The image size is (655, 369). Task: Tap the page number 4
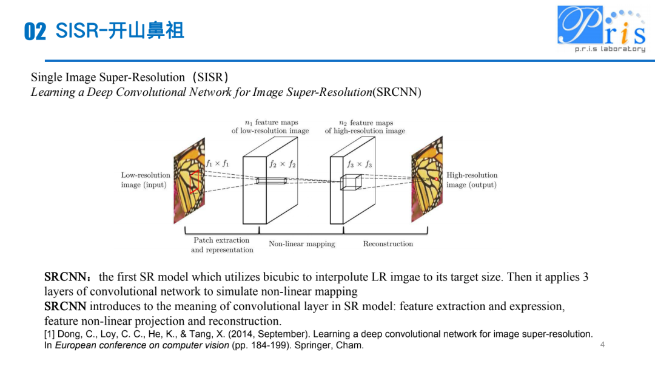click(602, 345)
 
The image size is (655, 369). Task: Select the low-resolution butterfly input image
click(189, 181)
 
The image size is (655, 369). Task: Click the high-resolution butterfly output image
click(427, 180)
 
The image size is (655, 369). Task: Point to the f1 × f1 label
click(218, 163)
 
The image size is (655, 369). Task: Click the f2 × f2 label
click(283, 164)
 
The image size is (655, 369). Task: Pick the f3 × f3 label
click(360, 164)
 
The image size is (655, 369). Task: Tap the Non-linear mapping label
click(301, 244)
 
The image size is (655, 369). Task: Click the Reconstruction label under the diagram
click(388, 244)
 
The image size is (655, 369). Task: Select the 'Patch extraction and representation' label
click(222, 245)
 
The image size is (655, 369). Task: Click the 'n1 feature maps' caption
click(270, 126)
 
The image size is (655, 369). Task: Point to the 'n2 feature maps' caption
click(365, 126)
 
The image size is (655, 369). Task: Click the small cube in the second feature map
click(351, 182)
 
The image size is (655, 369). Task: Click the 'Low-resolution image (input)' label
click(146, 180)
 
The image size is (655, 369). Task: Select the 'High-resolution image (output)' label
click(472, 180)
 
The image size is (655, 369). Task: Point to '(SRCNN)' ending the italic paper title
click(397, 92)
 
